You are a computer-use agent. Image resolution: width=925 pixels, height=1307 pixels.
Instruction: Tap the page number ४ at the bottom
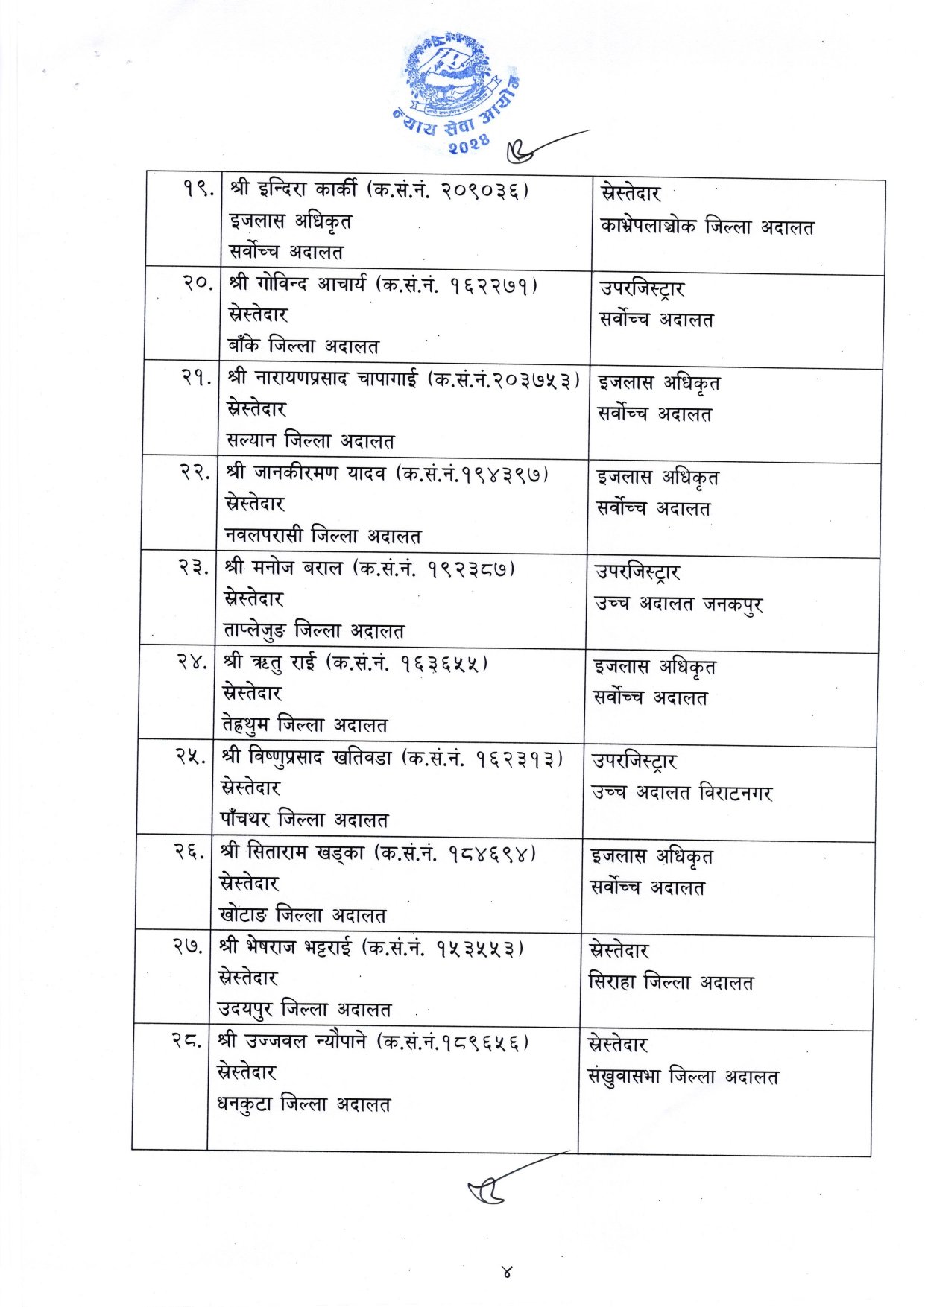(x=507, y=1271)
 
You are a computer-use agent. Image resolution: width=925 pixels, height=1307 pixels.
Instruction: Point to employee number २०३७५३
(x=534, y=379)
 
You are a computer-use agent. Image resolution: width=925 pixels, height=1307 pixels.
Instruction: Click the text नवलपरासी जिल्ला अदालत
(x=323, y=536)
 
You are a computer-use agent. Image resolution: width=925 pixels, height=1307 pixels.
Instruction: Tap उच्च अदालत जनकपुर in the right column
(x=678, y=604)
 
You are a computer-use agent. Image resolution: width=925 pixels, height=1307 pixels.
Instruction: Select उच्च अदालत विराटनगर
(x=682, y=793)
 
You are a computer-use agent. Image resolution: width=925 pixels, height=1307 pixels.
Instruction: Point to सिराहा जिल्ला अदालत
(x=671, y=983)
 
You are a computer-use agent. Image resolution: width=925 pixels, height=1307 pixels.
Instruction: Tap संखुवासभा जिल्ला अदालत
(x=683, y=1077)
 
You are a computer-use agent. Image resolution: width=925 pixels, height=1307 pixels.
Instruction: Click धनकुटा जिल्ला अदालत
(x=303, y=1104)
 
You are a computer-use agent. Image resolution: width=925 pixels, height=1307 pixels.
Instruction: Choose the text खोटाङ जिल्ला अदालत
(x=303, y=915)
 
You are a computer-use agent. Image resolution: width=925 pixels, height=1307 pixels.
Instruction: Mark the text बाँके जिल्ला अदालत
(x=303, y=346)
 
